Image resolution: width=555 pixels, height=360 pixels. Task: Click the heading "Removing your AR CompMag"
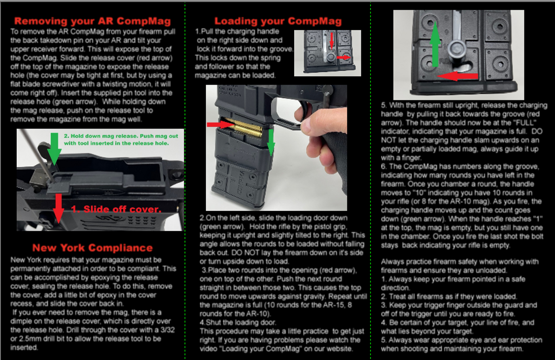click(92, 21)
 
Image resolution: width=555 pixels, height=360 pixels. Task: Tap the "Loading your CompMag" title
click(278, 21)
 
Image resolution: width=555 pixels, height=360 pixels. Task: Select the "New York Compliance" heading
click(92, 248)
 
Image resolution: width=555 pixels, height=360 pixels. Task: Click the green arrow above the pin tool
click(54, 149)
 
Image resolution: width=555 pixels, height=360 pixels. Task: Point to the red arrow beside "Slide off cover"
click(59, 208)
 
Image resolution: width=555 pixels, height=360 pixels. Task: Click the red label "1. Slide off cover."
click(116, 209)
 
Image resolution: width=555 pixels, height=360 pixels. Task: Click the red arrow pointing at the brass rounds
click(220, 124)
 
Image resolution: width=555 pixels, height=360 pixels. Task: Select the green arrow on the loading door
click(271, 142)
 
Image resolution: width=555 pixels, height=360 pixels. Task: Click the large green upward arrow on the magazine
click(435, 44)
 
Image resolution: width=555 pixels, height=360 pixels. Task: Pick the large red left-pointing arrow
click(457, 76)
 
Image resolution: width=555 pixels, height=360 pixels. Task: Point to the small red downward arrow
click(332, 40)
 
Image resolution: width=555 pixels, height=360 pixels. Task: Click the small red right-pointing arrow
click(344, 57)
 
